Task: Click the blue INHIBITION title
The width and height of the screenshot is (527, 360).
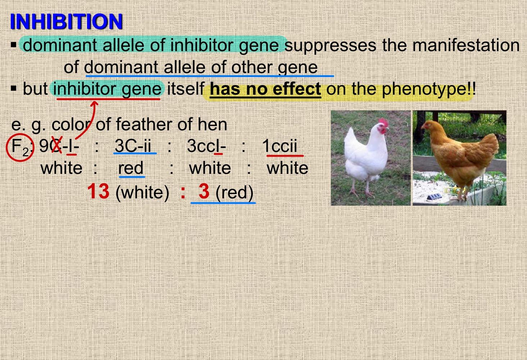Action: (x=66, y=22)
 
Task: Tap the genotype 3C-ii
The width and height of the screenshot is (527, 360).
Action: (x=133, y=146)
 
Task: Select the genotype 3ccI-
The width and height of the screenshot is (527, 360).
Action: (x=206, y=146)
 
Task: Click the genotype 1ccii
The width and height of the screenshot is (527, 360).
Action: (x=280, y=146)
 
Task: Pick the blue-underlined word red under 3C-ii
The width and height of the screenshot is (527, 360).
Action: (x=131, y=168)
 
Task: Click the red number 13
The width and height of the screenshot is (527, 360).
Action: (x=98, y=191)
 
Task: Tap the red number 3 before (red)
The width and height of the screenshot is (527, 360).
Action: (x=204, y=191)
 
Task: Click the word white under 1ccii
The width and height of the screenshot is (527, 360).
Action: (x=287, y=168)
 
